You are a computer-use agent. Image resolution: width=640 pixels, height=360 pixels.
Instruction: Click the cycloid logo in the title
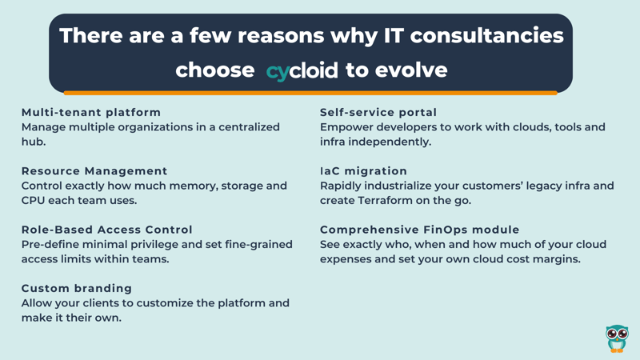pyautogui.click(x=302, y=71)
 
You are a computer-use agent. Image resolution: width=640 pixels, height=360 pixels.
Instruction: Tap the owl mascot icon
pyautogui.click(x=617, y=338)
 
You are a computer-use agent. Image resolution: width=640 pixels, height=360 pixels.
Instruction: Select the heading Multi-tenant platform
pyautogui.click(x=91, y=112)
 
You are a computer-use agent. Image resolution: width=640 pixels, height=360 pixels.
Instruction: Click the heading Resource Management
pyautogui.click(x=94, y=171)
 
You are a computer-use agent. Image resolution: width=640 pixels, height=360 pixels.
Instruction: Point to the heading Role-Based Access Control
pyautogui.click(x=107, y=230)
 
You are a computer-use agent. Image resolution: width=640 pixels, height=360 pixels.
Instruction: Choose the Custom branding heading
pyautogui.click(x=77, y=288)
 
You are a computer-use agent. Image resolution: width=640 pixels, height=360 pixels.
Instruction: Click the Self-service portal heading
pyautogui.click(x=378, y=112)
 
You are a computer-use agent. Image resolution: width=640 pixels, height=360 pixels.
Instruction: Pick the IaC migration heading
pyautogui.click(x=364, y=171)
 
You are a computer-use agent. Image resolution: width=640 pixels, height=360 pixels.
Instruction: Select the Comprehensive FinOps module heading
pyautogui.click(x=419, y=230)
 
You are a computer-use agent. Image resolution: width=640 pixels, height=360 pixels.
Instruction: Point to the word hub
pyautogui.click(x=34, y=142)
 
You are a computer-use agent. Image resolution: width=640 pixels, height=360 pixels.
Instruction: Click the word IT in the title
pyautogui.click(x=394, y=35)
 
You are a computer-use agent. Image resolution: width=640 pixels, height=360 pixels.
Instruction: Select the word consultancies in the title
pyautogui.click(x=487, y=35)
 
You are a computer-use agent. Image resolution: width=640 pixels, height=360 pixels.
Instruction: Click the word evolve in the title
pyautogui.click(x=411, y=70)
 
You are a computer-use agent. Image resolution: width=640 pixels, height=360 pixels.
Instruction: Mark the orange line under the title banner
pyautogui.click(x=310, y=93)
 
